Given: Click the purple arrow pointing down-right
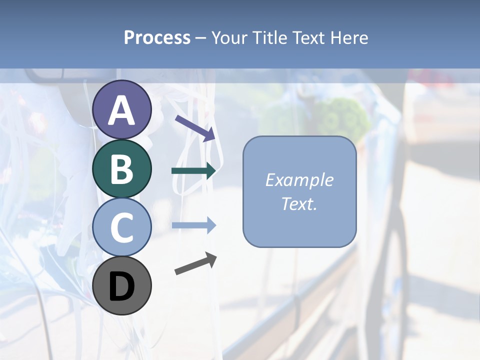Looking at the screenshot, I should click(x=195, y=128).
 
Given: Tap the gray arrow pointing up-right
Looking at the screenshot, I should click(x=195, y=263).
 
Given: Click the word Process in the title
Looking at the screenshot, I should click(x=157, y=37).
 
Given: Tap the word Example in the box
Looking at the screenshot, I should click(x=299, y=180).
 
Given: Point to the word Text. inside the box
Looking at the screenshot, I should click(x=299, y=203).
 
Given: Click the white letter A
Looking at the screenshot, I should click(x=121, y=110).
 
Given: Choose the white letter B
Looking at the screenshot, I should click(x=121, y=169).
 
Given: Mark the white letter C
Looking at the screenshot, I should click(x=121, y=228).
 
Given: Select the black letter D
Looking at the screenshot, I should click(x=121, y=286).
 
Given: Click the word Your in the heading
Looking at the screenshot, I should click(x=230, y=37).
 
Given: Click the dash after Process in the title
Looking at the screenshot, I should click(x=200, y=38).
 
